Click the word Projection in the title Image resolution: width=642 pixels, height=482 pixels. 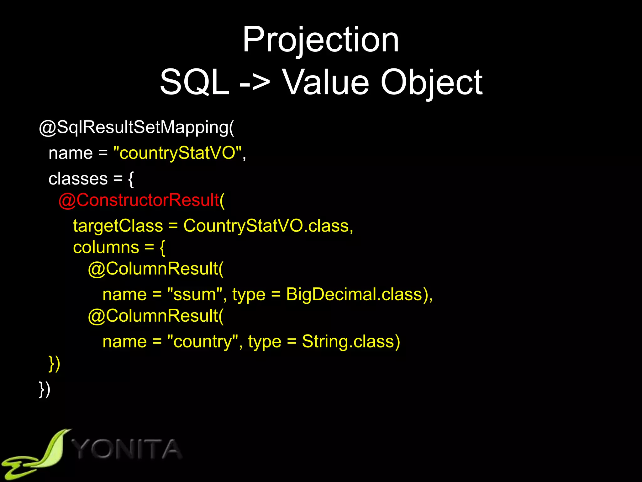point(321,40)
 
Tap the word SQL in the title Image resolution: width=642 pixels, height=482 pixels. point(194,82)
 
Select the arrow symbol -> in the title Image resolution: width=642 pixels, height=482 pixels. point(254,82)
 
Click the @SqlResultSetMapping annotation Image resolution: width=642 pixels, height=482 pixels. point(136,128)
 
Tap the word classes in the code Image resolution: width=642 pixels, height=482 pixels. point(78,179)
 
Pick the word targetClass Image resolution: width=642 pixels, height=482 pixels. point(118,226)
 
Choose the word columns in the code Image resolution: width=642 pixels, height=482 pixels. point(106,247)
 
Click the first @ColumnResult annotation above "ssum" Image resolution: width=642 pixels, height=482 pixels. point(155,269)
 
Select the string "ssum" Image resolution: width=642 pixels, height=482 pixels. point(195,295)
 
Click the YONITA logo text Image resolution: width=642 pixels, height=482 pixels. point(127,449)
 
